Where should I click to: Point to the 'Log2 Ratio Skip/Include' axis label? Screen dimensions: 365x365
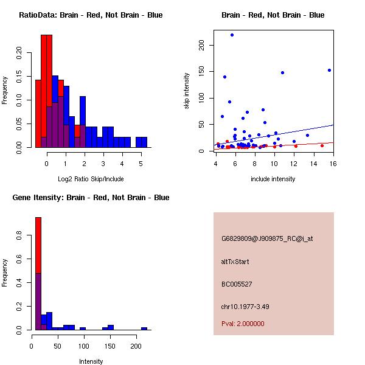[x=91, y=179]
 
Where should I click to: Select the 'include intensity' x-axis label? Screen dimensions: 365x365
[x=273, y=179]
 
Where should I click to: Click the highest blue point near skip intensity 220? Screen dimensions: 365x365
[x=232, y=35]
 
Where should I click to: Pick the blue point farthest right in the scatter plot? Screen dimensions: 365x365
[x=329, y=70]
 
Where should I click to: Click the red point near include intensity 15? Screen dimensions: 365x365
[x=322, y=145]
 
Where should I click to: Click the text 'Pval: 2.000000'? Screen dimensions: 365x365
[x=243, y=324]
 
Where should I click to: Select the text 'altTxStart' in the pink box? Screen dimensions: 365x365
[x=235, y=262]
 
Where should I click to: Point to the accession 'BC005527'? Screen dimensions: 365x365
[x=237, y=284]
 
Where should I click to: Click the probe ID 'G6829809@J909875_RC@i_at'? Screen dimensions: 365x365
[x=266, y=239]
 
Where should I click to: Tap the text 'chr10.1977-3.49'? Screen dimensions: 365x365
[x=245, y=306]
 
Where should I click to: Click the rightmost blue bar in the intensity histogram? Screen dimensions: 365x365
[x=144, y=328]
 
